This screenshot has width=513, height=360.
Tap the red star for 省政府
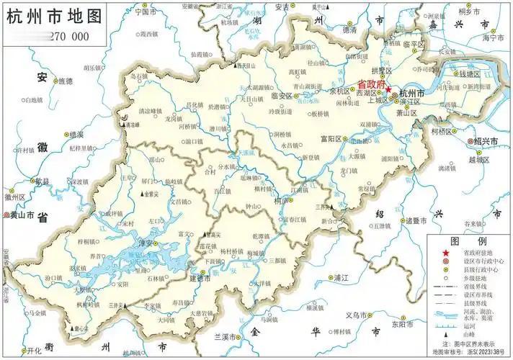[388, 90]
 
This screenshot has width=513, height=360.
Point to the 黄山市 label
[23, 215]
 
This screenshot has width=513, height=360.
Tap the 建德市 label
[198, 278]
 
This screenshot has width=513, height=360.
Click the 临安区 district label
[283, 96]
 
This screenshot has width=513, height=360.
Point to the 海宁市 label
[494, 38]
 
